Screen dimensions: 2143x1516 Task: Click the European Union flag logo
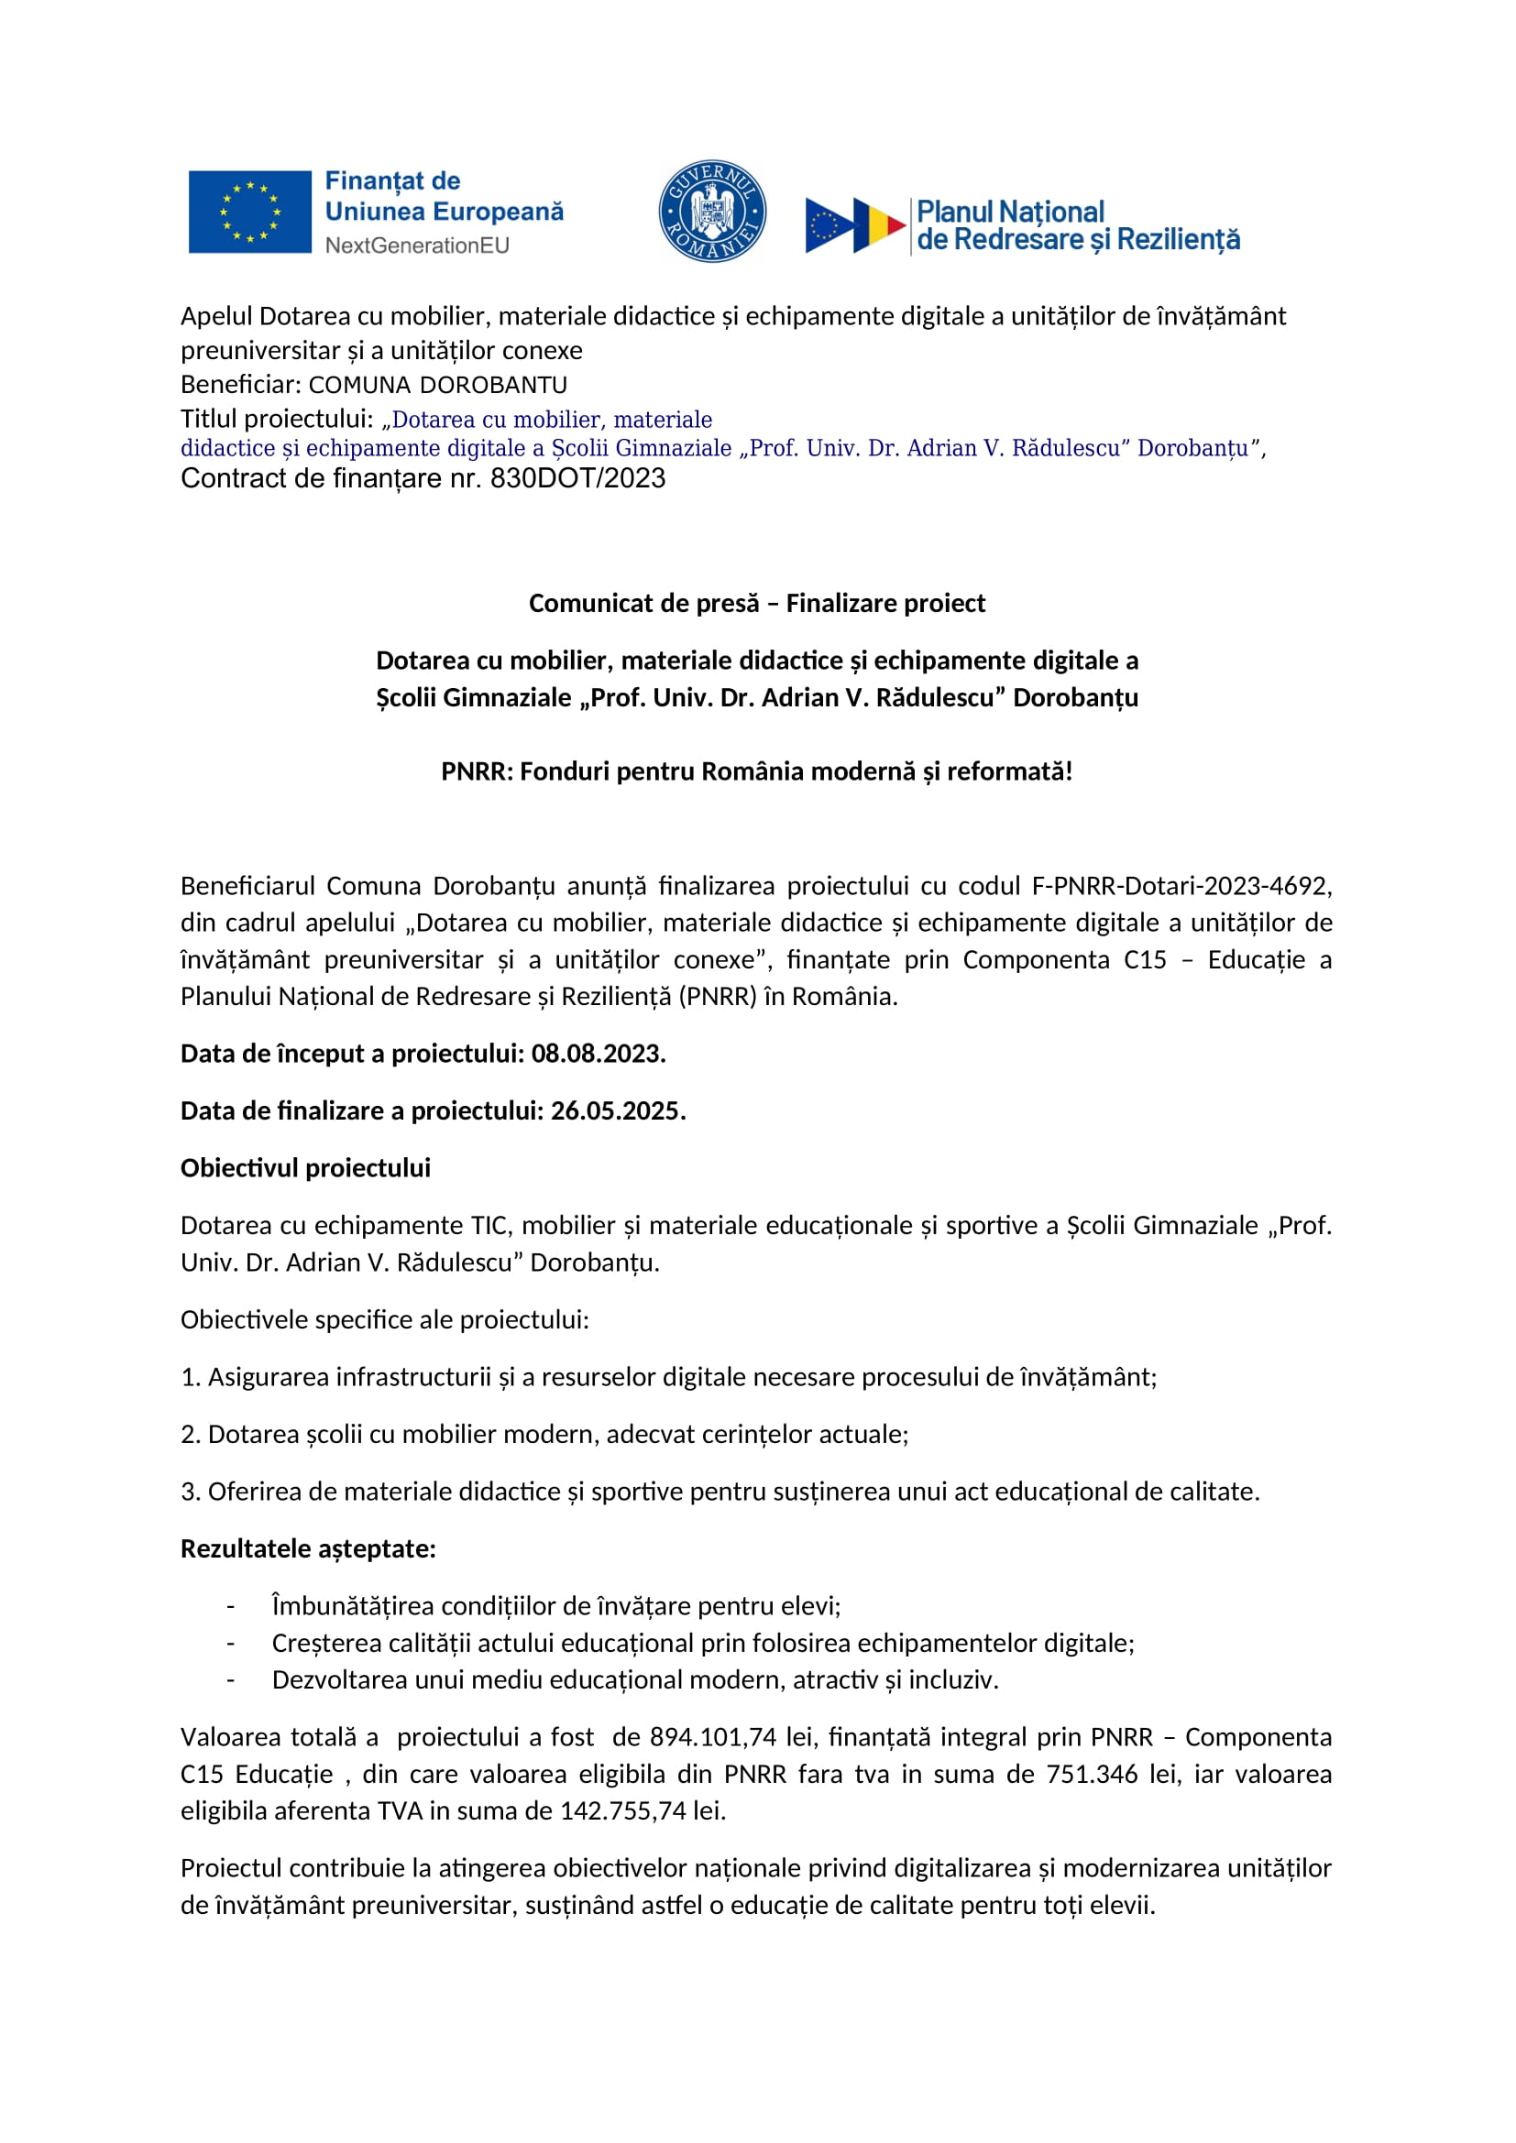pyautogui.click(x=249, y=212)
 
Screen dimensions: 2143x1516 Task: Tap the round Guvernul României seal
pyautogui.click(x=712, y=211)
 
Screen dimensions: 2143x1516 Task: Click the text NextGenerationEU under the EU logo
pyautogui.click(x=417, y=246)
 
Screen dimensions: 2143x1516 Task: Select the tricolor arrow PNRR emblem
pyautogui.click(x=855, y=225)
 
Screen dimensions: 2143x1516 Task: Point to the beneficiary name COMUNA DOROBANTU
pyautogui.click(x=438, y=385)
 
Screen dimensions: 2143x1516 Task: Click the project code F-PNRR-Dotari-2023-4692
pyautogui.click(x=1181, y=885)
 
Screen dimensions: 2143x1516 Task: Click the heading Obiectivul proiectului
pyautogui.click(x=305, y=1167)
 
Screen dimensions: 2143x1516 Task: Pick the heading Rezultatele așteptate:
pyautogui.click(x=308, y=1548)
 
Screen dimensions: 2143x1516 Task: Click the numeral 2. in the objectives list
pyautogui.click(x=191, y=1435)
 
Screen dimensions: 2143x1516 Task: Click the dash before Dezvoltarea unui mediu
pyautogui.click(x=230, y=1679)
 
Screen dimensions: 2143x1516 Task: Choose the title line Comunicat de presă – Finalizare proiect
pyautogui.click(x=757, y=603)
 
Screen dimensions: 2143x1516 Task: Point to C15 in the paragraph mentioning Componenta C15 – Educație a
pyautogui.click(x=1145, y=959)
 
